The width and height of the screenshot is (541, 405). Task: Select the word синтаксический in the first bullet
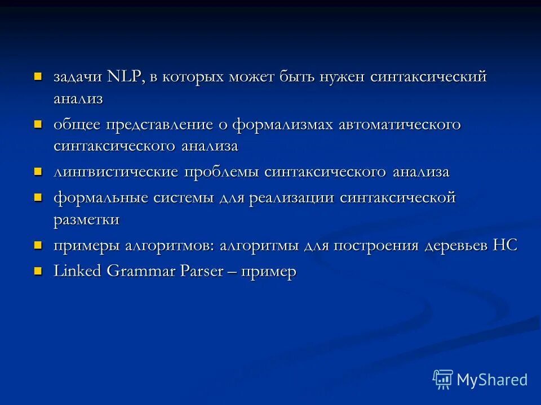428,77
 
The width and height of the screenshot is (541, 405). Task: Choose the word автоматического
400,124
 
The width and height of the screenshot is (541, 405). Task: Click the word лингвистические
116,172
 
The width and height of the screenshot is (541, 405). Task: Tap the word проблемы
222,172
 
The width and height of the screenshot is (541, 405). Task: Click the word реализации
289,198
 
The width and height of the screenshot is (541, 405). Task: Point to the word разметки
86,219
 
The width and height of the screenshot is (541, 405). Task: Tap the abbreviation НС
504,245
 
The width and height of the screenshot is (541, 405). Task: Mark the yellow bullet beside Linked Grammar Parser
38,271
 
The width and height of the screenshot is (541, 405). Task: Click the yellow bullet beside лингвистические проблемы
38,171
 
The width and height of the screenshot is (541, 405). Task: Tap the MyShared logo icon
442,379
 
